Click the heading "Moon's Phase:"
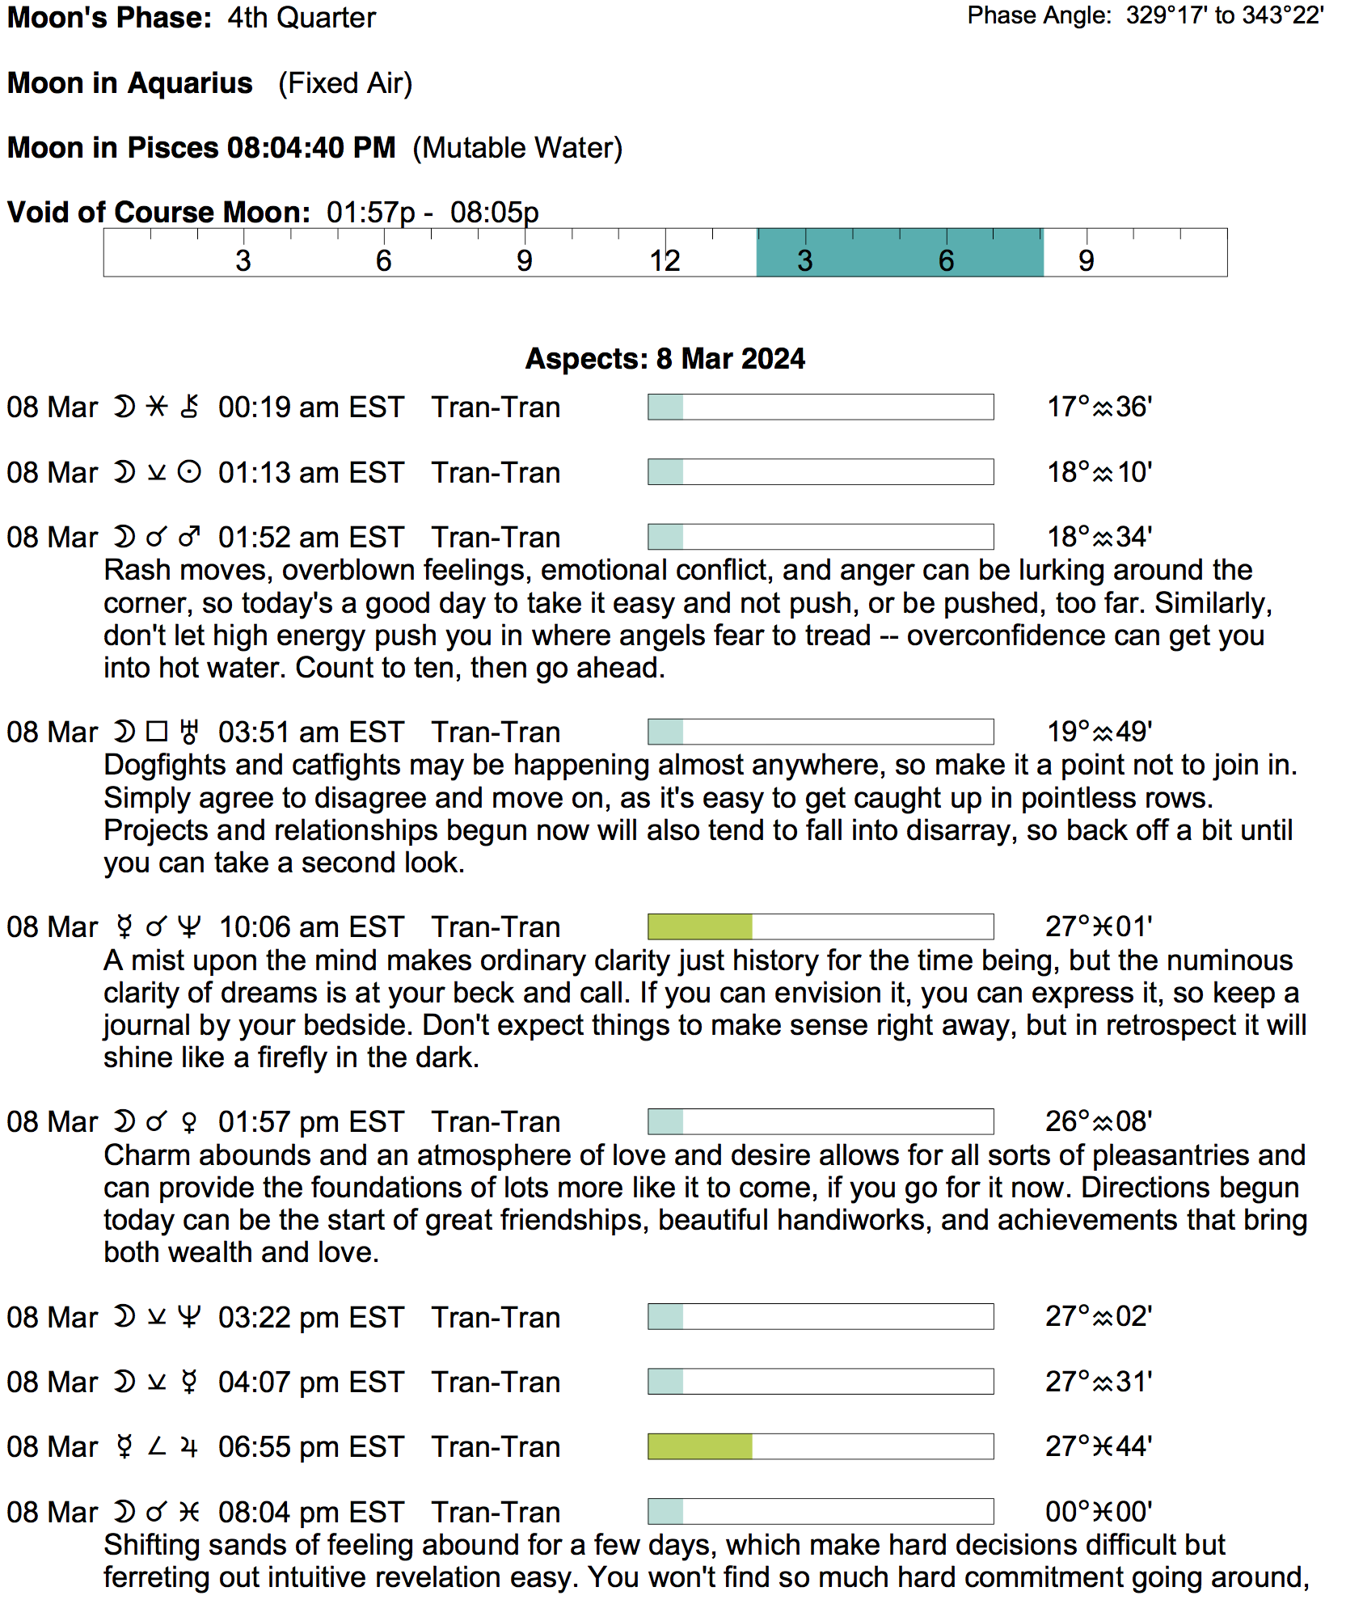point(110,18)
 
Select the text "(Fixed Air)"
point(345,83)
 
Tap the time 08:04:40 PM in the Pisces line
point(311,148)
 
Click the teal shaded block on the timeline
point(899,253)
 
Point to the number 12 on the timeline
point(665,260)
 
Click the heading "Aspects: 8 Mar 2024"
point(665,358)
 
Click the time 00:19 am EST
point(310,407)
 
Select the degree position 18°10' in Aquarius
point(1099,472)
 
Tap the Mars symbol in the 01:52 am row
point(189,537)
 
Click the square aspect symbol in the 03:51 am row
point(156,732)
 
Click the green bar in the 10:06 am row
point(700,927)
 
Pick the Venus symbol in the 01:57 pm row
point(189,1122)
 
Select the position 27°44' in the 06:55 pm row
point(1098,1446)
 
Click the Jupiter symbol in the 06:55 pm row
point(189,1447)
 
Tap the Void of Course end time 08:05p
point(494,213)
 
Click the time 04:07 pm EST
point(310,1382)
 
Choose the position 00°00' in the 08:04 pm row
point(1098,1512)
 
